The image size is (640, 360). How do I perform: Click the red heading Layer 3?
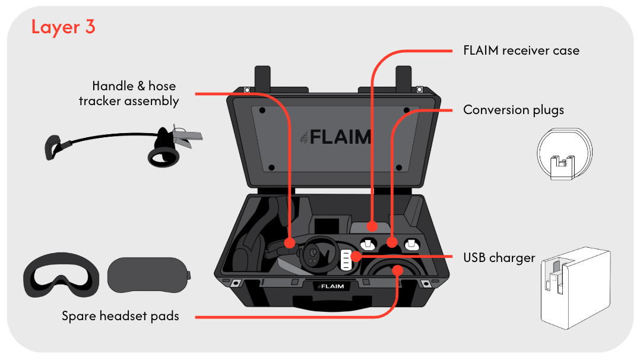(63, 27)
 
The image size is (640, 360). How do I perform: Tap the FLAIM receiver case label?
(521, 50)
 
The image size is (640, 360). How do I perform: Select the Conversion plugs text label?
(514, 110)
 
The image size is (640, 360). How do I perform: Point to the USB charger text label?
(499, 258)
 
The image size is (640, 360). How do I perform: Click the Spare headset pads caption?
(121, 316)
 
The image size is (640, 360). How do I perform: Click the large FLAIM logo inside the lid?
(335, 137)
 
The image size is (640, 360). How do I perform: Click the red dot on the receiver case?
(372, 226)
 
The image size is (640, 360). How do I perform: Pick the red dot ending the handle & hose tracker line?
(290, 243)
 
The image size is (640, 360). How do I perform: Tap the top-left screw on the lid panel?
(262, 110)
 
